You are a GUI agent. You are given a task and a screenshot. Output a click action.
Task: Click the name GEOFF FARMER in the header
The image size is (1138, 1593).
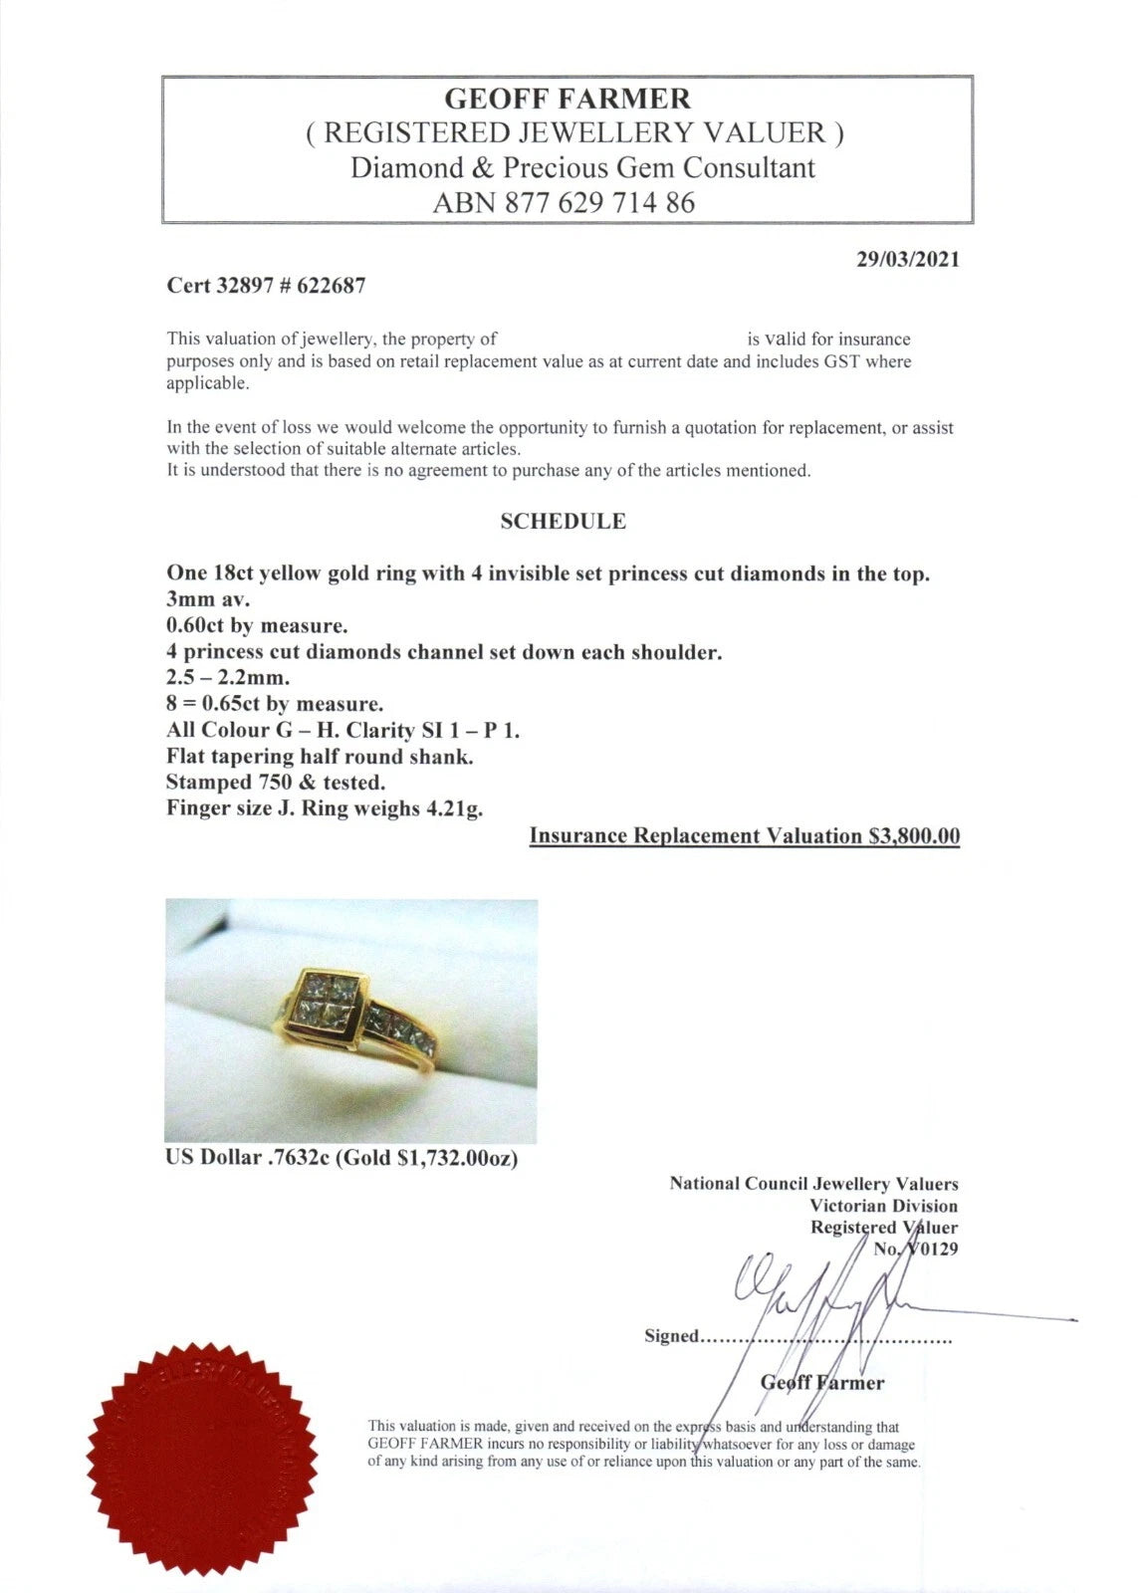coord(567,99)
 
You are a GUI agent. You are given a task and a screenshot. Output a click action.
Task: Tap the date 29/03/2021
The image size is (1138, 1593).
coord(908,259)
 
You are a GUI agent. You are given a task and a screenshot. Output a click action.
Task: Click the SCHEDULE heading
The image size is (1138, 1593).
coord(563,521)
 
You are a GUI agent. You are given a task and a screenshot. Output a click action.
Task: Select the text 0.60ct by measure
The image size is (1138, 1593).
coord(257,626)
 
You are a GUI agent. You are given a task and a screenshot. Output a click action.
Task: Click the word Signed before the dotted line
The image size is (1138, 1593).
coord(672,1336)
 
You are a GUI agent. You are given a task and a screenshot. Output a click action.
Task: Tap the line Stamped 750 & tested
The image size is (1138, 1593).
coord(276,783)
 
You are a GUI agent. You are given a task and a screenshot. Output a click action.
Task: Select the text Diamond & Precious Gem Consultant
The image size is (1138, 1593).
coord(581,167)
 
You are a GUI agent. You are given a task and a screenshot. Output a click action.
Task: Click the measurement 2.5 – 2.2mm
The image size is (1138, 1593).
coord(228,678)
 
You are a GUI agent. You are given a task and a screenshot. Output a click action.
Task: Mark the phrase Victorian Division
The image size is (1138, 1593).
coord(883,1206)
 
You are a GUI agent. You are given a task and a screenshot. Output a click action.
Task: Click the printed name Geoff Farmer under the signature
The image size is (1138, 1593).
coord(821,1382)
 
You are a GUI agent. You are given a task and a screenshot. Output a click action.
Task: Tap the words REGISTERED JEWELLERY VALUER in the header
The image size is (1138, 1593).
coord(574,132)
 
